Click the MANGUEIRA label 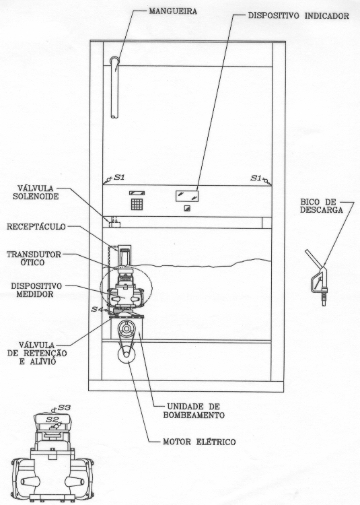coord(173,11)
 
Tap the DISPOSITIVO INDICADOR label coord(298,15)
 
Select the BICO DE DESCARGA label coord(322,206)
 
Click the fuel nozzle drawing coord(317,277)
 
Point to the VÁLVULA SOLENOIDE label coord(36,192)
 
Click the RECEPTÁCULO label coord(36,227)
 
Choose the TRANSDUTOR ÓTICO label coord(34,259)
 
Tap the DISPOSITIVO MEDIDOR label coord(36,290)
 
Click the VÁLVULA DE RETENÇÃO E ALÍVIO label coord(37,353)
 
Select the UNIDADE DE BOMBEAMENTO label coord(194,411)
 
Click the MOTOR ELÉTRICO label coord(199,442)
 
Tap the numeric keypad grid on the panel coord(137,204)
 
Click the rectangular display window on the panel coord(187,196)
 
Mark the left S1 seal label coord(119,178)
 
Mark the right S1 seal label coord(256,178)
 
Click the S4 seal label coord(96,309)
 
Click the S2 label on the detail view coord(52,419)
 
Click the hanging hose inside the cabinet coord(114,87)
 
